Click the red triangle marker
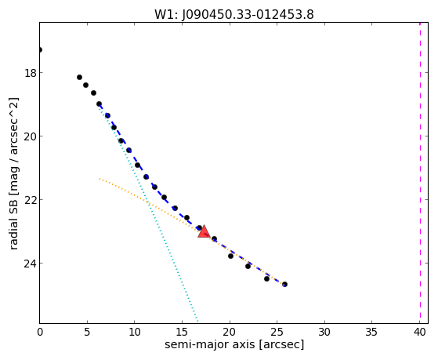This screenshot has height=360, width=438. (204, 231)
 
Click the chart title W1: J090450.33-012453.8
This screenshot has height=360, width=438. (234, 15)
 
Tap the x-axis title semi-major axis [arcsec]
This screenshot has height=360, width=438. (234, 344)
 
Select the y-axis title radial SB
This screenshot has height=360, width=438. (13, 220)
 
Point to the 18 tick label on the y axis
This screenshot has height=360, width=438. (31, 73)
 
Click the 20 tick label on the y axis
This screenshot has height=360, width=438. (31, 136)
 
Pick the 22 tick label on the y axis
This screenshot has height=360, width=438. (31, 200)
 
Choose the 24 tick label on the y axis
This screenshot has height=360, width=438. (31, 264)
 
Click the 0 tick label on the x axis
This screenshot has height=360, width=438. (40, 332)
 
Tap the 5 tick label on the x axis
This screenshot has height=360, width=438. (87, 332)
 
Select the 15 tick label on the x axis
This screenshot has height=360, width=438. (182, 332)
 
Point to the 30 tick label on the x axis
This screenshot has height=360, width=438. (324, 332)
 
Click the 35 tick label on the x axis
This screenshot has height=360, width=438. (372, 332)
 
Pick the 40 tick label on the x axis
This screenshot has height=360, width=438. (419, 332)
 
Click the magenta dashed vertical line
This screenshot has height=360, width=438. (420, 173)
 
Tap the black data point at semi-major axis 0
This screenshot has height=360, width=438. (40, 49)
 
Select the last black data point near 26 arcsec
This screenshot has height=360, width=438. (284, 284)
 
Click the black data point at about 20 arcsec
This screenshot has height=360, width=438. (230, 256)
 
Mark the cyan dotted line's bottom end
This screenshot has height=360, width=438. (197, 322)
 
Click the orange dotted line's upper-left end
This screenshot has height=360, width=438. (100, 179)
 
